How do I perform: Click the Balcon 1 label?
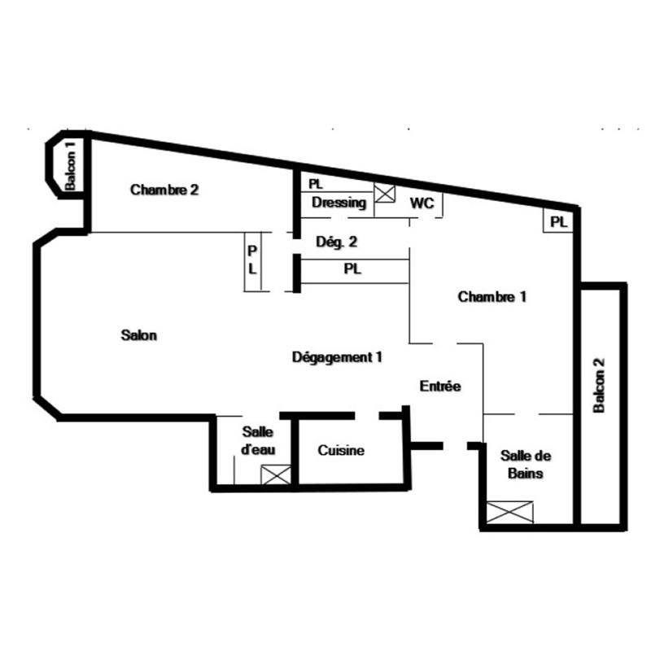coord(71,168)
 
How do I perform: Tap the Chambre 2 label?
coord(164,190)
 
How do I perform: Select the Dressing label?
coord(339,203)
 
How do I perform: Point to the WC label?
coord(421,202)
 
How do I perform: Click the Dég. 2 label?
coord(336,241)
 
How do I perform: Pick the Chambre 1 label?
coord(492,297)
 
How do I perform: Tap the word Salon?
coord(138,334)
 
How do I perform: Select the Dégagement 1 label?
coord(337,356)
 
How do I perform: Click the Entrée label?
coord(440,387)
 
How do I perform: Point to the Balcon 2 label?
coord(600,386)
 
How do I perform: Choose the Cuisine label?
coord(341,451)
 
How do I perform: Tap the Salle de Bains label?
coord(522,465)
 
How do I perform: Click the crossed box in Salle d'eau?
coord(275,474)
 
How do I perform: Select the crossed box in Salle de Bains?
coord(509,513)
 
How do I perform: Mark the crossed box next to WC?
coord(384,194)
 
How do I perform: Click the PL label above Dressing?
coord(316,185)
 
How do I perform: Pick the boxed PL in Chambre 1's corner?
coord(558,221)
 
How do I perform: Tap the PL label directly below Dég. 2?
coord(352,269)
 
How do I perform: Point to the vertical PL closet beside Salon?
coord(252,261)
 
